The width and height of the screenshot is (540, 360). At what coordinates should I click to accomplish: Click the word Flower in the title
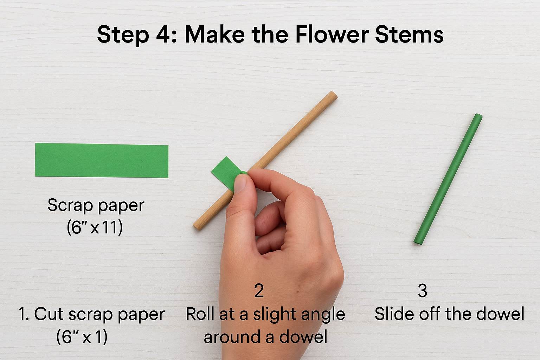(x=332, y=34)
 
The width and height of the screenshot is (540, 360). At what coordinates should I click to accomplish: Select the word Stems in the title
(x=409, y=34)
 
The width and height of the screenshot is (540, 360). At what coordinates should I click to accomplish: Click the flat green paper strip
(x=102, y=160)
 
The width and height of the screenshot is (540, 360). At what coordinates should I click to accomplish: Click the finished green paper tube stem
(x=448, y=179)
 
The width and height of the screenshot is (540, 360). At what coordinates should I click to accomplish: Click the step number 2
(x=259, y=291)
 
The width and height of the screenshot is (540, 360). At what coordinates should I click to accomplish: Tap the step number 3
(x=422, y=291)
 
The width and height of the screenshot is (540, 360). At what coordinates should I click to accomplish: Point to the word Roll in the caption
(x=200, y=314)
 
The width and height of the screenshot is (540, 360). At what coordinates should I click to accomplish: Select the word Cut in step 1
(x=49, y=314)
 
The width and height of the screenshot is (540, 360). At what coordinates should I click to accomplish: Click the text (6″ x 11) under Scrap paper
(x=95, y=227)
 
